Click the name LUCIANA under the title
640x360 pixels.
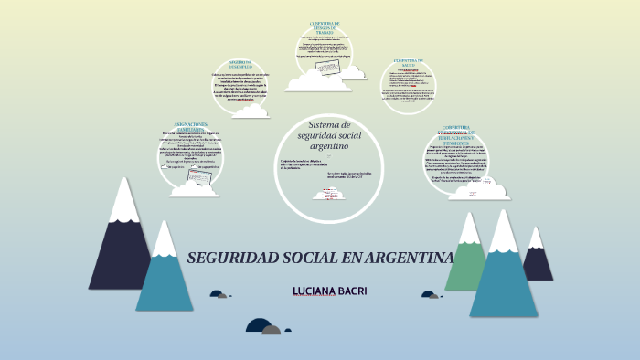click(x=306, y=291)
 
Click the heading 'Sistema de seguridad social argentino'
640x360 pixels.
click(x=317, y=135)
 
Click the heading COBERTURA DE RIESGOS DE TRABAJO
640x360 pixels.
click(x=325, y=26)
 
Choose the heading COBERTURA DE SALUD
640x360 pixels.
click(x=411, y=64)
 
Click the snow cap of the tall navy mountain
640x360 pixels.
click(x=124, y=201)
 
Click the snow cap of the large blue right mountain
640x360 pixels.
click(x=504, y=233)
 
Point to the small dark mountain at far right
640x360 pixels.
click(x=538, y=260)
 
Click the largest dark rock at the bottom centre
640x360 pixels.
click(x=259, y=325)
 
